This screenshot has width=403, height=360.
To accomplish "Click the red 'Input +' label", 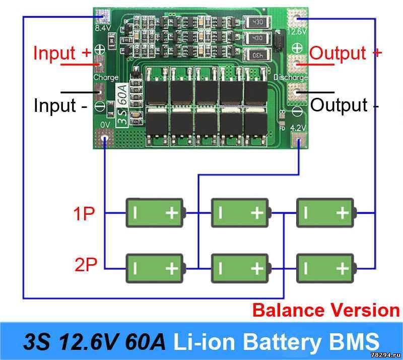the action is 62,53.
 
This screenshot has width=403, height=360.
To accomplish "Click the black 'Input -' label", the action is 60,105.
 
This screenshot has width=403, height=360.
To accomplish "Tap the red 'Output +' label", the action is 346,53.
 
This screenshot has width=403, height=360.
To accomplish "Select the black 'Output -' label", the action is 345,105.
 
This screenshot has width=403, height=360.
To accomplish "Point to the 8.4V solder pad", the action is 103,17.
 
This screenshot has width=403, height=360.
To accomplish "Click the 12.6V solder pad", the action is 297,18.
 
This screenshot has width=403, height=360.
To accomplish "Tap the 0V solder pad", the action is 104,138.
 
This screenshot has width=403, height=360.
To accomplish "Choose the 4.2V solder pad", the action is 298,140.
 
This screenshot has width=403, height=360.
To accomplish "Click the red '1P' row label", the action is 84,213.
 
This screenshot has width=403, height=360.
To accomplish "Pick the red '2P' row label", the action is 86,264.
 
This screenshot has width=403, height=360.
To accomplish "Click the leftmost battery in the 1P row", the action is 156,213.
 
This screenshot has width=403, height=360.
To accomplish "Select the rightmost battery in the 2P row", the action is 326,268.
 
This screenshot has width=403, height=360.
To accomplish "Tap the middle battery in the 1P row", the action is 241,213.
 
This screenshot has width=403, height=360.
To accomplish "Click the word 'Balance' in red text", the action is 289,310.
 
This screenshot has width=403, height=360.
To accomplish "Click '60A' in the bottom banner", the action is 145,341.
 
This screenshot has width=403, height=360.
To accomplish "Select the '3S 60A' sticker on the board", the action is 122,105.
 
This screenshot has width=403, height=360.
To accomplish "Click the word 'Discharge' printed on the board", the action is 291,77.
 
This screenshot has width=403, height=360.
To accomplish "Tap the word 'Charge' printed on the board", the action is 106,77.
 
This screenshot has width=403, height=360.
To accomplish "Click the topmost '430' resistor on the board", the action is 257,22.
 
